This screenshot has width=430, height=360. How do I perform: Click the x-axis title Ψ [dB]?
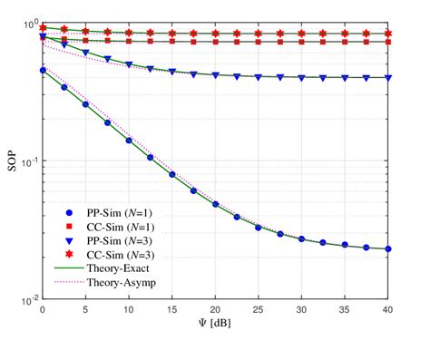point(215,323)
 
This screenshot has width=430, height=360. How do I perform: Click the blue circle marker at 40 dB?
point(387,248)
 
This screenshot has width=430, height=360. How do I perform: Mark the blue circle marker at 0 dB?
point(43,70)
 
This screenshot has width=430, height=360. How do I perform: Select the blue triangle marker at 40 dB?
point(387,78)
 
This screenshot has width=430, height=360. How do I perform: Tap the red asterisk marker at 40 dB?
point(387,34)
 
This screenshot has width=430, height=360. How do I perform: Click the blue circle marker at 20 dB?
point(215,204)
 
